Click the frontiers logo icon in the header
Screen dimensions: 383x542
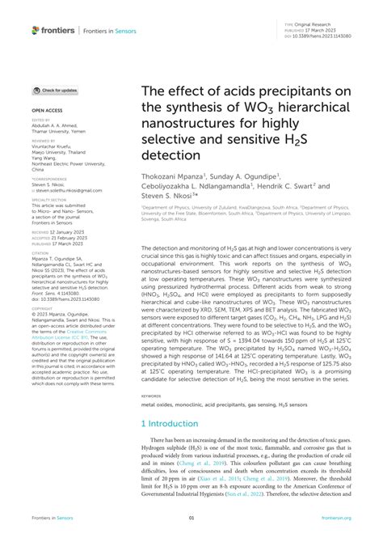click(36, 30)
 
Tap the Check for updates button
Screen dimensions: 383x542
click(55, 91)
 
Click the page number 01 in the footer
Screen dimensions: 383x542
click(191, 519)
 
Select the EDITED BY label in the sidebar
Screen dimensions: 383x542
click(40, 119)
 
